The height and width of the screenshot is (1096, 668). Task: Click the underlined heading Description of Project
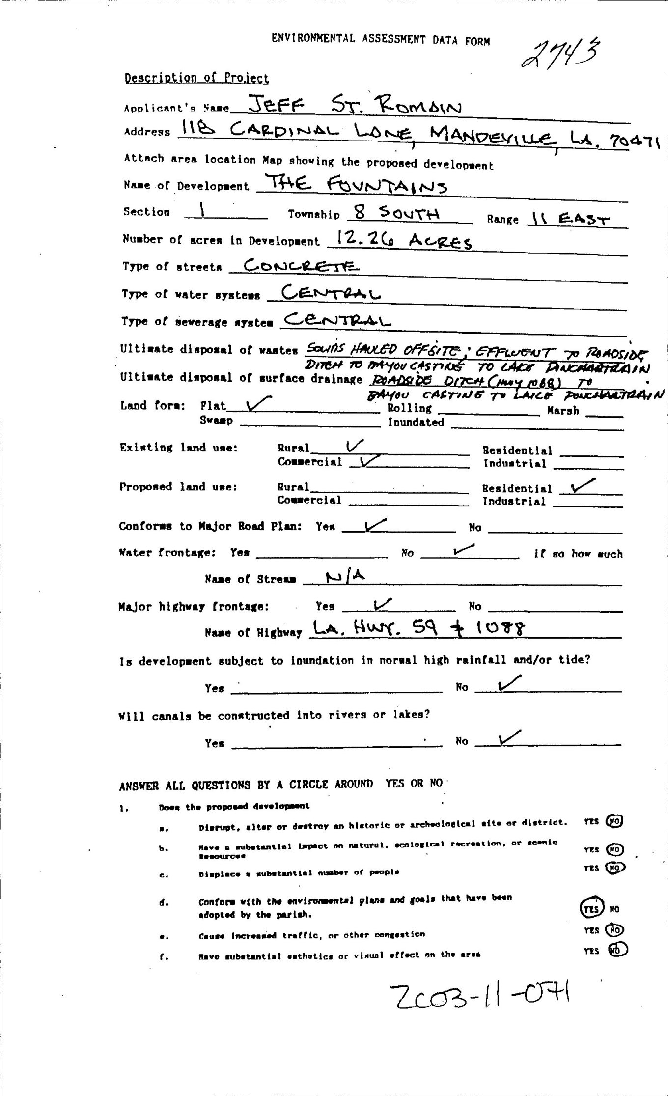click(196, 78)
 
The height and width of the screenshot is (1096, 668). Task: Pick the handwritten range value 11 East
click(568, 219)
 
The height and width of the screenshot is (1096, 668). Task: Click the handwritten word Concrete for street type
click(295, 266)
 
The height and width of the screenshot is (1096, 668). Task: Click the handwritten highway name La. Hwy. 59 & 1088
click(417, 628)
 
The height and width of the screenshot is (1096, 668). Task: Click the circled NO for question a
click(614, 821)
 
